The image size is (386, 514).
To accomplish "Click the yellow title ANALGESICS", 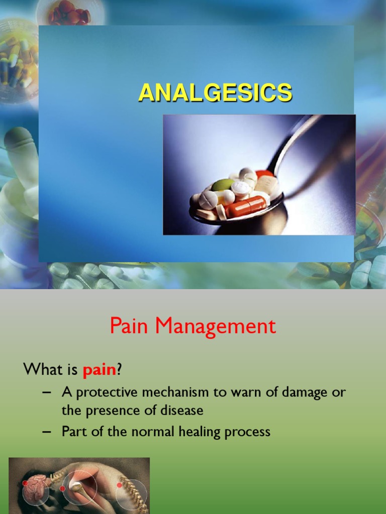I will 215,93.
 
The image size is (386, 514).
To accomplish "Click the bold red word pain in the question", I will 100,370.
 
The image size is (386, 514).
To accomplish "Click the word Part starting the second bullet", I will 73,431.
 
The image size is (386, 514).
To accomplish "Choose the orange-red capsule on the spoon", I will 246,206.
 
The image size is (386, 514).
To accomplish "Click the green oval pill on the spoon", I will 222,185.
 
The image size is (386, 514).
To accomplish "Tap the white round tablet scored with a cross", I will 208,200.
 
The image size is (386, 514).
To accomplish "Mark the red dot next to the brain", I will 25,483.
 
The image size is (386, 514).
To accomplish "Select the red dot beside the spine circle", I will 119,485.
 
